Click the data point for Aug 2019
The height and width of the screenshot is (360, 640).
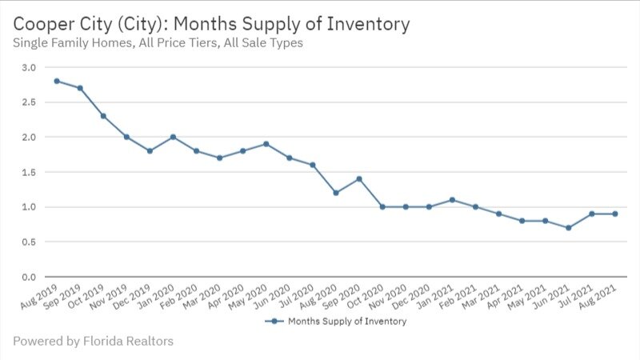57,81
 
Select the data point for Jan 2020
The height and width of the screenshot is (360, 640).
173,137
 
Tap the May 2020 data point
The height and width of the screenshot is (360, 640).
266,144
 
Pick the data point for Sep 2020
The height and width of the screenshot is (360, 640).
359,178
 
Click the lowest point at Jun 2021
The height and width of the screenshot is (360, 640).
569,227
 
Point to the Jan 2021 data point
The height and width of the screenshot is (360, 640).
452,199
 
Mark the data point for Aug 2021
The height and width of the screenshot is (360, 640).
615,214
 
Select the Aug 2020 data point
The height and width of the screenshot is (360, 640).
336,193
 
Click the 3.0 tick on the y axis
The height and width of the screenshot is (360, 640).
28,67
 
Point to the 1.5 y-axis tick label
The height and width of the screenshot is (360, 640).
28,172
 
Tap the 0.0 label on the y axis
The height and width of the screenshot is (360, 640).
28,277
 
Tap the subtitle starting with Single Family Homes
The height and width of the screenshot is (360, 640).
158,43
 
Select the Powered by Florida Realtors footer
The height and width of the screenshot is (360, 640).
93,342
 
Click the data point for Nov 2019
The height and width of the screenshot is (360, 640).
126,137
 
